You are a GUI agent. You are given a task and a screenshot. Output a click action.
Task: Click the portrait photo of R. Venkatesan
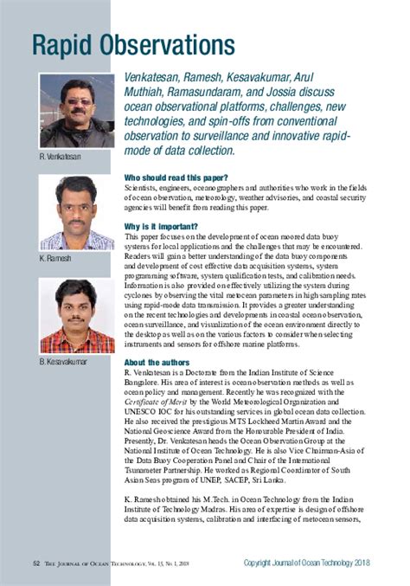click(76, 111)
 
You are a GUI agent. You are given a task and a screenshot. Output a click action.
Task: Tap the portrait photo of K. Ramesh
click(76, 212)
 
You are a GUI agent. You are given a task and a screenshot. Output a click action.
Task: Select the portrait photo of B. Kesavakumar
click(76, 315)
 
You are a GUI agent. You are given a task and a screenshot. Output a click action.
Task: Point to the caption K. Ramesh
click(54, 257)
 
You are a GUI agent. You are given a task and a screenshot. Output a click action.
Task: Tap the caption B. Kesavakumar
click(62, 359)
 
